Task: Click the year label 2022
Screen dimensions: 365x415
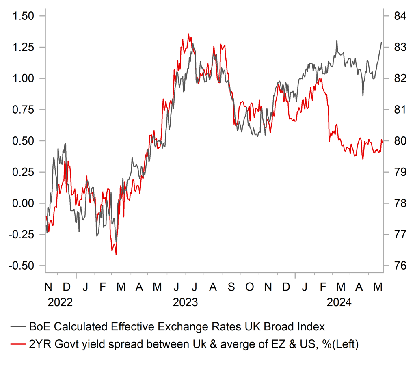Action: coord(60,302)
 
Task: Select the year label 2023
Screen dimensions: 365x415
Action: coord(185,302)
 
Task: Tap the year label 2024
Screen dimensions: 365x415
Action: coord(339,302)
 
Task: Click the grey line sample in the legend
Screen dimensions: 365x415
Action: coord(19,327)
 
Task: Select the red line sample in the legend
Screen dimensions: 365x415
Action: coord(19,345)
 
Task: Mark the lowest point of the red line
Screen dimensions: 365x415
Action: coord(116,254)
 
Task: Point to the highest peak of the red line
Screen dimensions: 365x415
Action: coord(188,34)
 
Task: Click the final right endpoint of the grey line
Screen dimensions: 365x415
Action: coord(381,42)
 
